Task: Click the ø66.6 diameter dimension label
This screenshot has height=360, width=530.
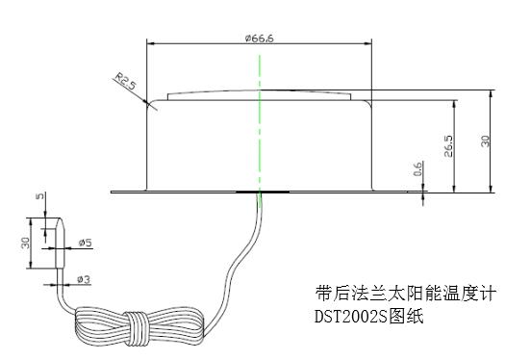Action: pos(259,38)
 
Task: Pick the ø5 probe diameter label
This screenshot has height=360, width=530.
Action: pos(85,243)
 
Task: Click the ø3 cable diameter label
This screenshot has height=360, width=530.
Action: pos(84,278)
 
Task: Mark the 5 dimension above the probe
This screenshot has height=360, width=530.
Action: pos(39,198)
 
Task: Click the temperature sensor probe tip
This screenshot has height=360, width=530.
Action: pos(55,241)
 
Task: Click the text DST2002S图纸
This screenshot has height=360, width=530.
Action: pos(369,315)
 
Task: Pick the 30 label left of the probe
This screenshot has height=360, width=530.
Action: pos(25,243)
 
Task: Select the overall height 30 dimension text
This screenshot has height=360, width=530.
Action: pos(487,141)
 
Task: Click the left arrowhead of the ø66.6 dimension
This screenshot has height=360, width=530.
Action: pos(149,42)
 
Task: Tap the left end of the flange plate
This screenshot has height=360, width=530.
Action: pos(113,191)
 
